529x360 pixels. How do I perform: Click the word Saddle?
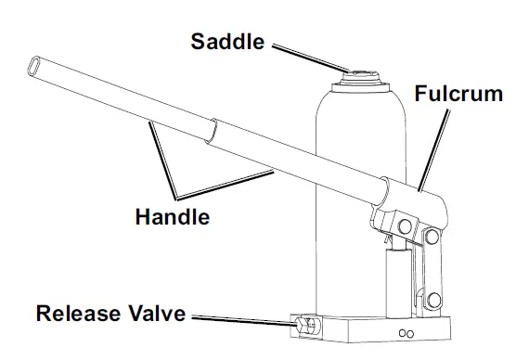pyautogui.click(x=227, y=41)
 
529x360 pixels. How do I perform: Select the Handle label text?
pyautogui.click(x=172, y=218)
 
